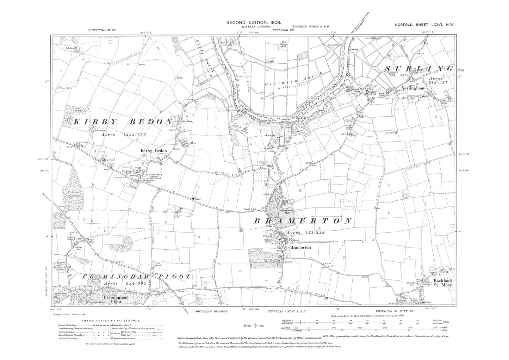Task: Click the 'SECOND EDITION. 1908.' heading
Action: pyautogui.click(x=253, y=23)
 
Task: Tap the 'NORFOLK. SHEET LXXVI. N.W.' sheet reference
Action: pyautogui.click(x=424, y=24)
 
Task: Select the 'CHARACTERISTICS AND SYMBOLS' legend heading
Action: pyautogui.click(x=111, y=321)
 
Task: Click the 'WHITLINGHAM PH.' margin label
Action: pyautogui.click(x=101, y=31)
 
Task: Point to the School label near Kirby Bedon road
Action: pyautogui.click(x=198, y=200)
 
